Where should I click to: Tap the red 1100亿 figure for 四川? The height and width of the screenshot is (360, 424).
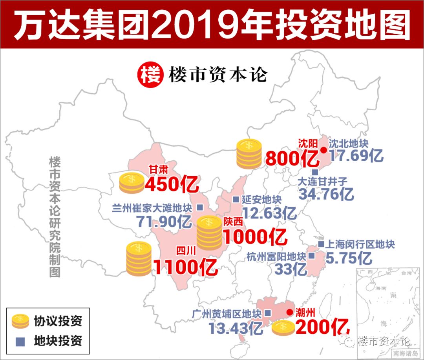tap(185, 267)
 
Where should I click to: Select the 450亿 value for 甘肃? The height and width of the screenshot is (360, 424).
tap(172, 184)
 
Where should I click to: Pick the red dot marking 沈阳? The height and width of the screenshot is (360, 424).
tap(323, 150)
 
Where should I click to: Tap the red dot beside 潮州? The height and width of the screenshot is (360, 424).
tap(289, 312)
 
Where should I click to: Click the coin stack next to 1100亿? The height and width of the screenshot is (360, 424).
tap(139, 258)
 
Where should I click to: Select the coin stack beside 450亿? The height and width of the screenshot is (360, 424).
tap(132, 183)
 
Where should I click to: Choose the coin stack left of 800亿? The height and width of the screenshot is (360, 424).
tap(249, 154)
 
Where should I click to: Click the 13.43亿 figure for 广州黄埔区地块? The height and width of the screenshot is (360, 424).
tap(236, 328)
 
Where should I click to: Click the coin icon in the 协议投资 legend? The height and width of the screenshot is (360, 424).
tap(20, 321)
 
